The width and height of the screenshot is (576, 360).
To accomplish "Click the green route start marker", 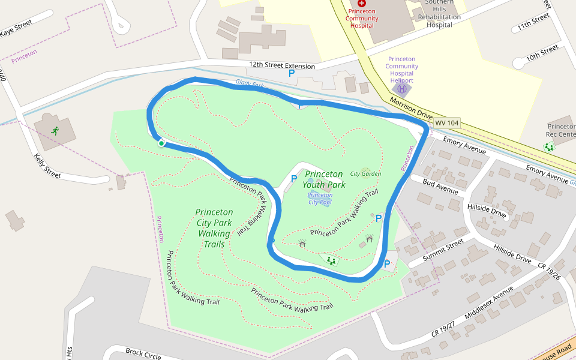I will (161, 143).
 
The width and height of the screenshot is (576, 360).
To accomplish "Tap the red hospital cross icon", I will (362, 4).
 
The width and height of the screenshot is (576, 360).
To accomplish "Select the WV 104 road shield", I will (446, 123).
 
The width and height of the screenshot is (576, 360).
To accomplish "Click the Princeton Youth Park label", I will (324, 179).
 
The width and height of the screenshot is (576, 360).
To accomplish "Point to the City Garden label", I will (365, 174).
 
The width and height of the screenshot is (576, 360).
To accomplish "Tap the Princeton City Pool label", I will (320, 199).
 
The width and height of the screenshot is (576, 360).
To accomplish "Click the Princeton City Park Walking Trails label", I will (214, 228).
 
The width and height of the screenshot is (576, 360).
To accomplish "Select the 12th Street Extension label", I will (282, 65).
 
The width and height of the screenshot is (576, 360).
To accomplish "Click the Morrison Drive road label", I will (411, 108).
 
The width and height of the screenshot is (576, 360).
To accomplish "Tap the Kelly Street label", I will (48, 166).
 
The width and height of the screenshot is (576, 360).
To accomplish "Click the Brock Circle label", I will (143, 354).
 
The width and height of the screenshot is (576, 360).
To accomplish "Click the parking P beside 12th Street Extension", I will (292, 73).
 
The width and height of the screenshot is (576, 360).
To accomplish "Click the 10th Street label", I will (542, 52).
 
